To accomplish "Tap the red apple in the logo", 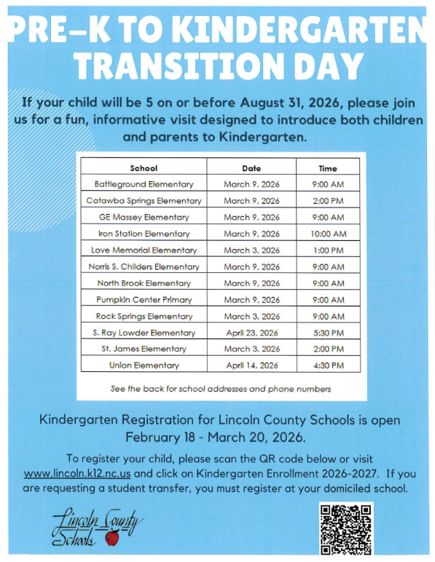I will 111,538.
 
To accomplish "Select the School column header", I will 144,168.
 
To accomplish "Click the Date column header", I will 251,168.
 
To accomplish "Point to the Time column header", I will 327,168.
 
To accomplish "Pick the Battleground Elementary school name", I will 144,184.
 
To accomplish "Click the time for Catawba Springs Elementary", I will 327,201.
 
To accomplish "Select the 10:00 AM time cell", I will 327,234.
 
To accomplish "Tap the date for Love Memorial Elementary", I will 251,250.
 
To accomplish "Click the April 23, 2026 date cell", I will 251,333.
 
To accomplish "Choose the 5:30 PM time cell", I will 327,333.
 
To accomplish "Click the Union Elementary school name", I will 144,365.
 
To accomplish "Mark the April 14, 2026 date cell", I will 251,365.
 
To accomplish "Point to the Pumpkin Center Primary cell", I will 144,299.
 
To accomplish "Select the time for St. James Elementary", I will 327,349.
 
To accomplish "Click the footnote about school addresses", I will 221,389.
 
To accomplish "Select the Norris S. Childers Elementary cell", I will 144,266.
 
